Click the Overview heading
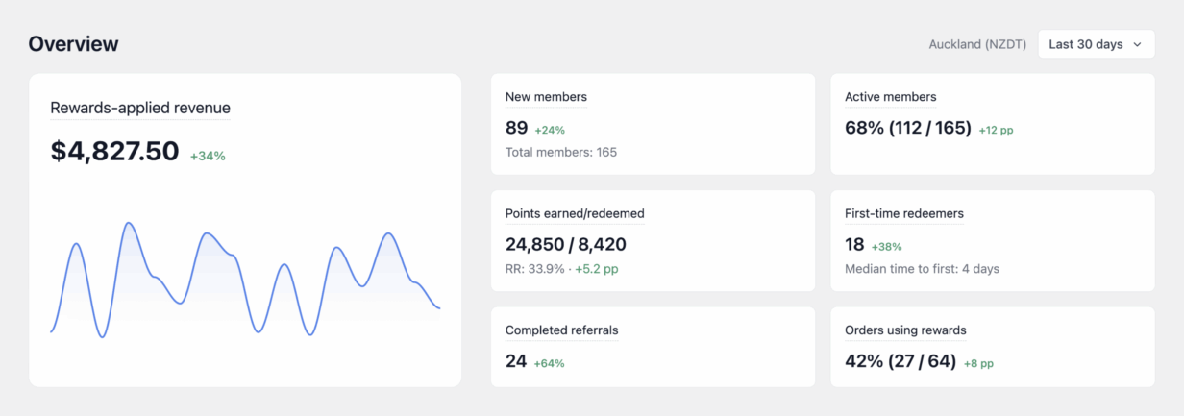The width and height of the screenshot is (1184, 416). point(73,44)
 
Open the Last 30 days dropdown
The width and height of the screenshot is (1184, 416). point(1097,44)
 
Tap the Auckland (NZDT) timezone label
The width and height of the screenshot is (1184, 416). point(977,44)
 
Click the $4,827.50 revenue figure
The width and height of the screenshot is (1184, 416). point(114,151)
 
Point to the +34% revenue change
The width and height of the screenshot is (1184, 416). point(208,156)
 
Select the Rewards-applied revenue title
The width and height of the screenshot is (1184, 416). point(140,108)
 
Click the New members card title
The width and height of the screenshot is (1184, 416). point(546,97)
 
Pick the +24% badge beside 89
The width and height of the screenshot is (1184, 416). point(550,130)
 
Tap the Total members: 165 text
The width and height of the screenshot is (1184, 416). point(561,152)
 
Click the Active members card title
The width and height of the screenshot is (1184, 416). point(891,97)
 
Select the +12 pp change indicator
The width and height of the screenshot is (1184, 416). point(996,130)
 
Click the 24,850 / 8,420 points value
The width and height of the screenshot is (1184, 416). point(565,244)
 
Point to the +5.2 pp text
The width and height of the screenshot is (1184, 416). point(596,269)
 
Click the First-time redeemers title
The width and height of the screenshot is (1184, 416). point(903,213)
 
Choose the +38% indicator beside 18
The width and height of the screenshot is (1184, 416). point(886,247)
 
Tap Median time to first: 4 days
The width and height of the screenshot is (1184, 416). point(922,269)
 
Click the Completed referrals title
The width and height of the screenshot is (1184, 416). point(561,330)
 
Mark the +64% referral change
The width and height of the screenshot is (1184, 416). point(549,364)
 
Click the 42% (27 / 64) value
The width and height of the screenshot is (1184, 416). point(900,361)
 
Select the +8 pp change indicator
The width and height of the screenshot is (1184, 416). point(979,364)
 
